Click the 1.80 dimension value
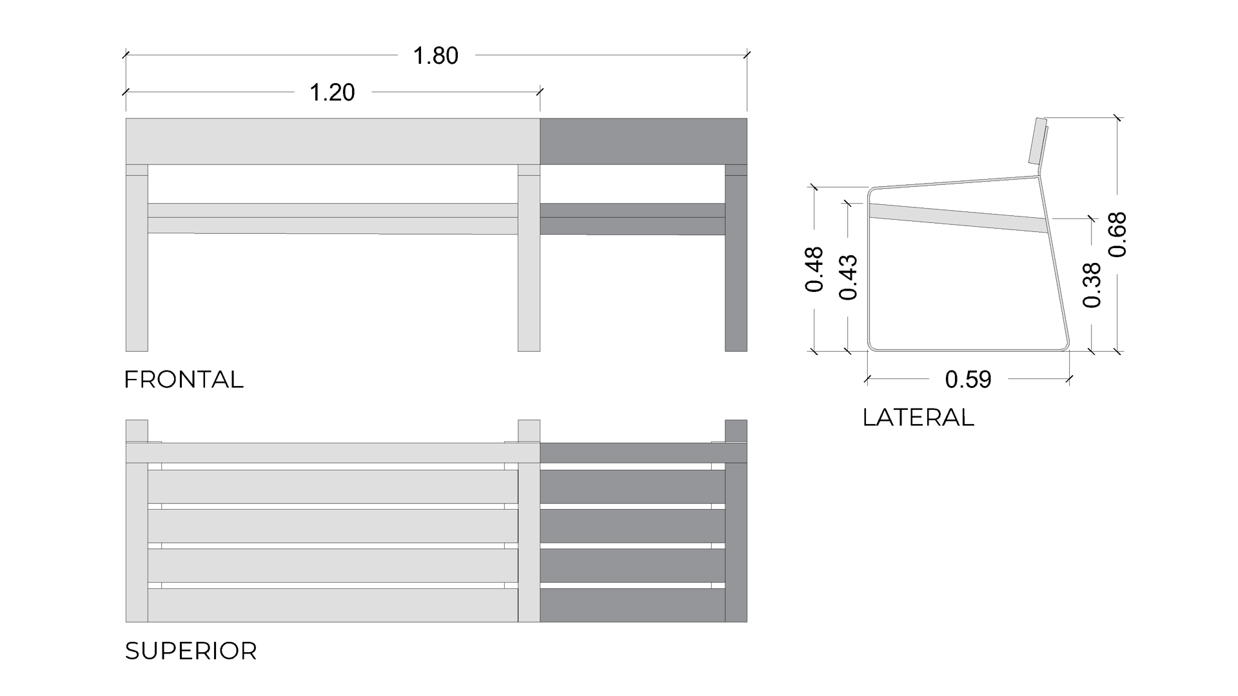tap(435, 56)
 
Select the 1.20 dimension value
tap(332, 93)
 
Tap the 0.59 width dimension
tap(968, 380)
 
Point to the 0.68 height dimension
tap(1117, 235)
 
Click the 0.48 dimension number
tap(814, 269)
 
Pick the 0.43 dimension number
tap(848, 277)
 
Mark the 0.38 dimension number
tap(1092, 285)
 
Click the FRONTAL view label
tap(184, 380)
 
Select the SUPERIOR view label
tap(191, 651)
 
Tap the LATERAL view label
tap(918, 418)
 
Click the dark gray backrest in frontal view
tap(644, 141)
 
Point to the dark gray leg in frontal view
tap(736, 258)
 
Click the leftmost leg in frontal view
tap(137, 258)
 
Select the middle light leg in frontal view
tap(529, 258)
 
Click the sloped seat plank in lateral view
tap(958, 218)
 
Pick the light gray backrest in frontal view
tap(333, 141)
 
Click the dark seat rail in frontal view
tap(633, 219)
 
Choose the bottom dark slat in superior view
tap(633, 605)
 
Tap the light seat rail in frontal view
tap(333, 218)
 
